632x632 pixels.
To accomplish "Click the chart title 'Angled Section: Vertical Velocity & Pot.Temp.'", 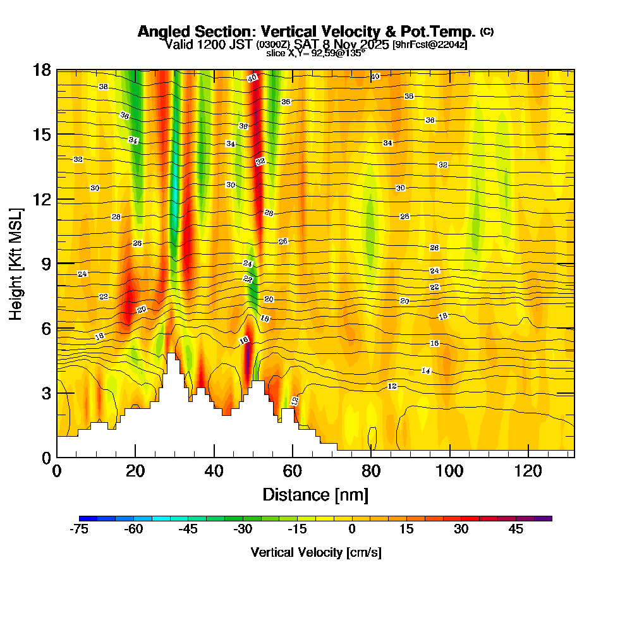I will [x=307, y=32].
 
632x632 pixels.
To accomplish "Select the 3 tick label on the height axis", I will [x=46, y=392].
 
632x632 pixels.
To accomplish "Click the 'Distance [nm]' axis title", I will [x=315, y=494].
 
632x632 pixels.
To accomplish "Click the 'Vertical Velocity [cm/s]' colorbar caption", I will [x=316, y=552].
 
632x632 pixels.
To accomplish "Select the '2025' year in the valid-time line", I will [x=373, y=44].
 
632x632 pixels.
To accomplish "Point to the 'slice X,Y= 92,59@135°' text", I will [x=315, y=54].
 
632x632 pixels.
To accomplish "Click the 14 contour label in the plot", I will [x=426, y=371].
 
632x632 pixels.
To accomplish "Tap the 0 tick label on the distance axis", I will [x=57, y=471].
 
